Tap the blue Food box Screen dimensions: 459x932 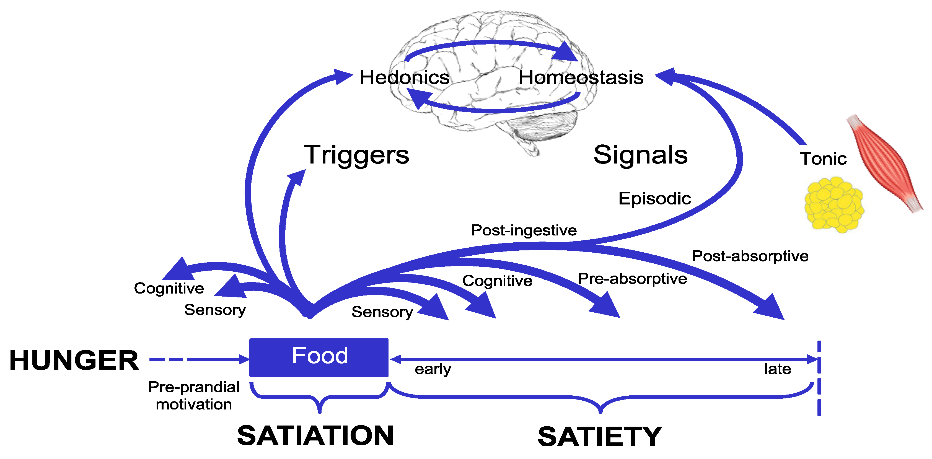pos(319,357)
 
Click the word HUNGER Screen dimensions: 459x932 pos(74,360)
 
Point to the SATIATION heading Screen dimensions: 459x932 pos(315,435)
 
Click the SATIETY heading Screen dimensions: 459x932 pos(599,437)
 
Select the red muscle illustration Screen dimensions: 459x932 pos(885,163)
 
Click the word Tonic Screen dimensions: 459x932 pos(823,159)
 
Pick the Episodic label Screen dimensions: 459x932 pos(654,198)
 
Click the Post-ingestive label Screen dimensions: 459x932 pos(524,230)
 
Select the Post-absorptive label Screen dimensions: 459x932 pos(750,256)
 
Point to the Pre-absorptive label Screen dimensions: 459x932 pos(632,279)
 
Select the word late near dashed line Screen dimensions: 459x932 pos(777,369)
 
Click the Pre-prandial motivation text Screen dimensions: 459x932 pos(194,395)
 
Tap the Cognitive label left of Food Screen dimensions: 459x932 pos(169,288)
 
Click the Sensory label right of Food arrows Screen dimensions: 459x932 pos(382,312)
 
